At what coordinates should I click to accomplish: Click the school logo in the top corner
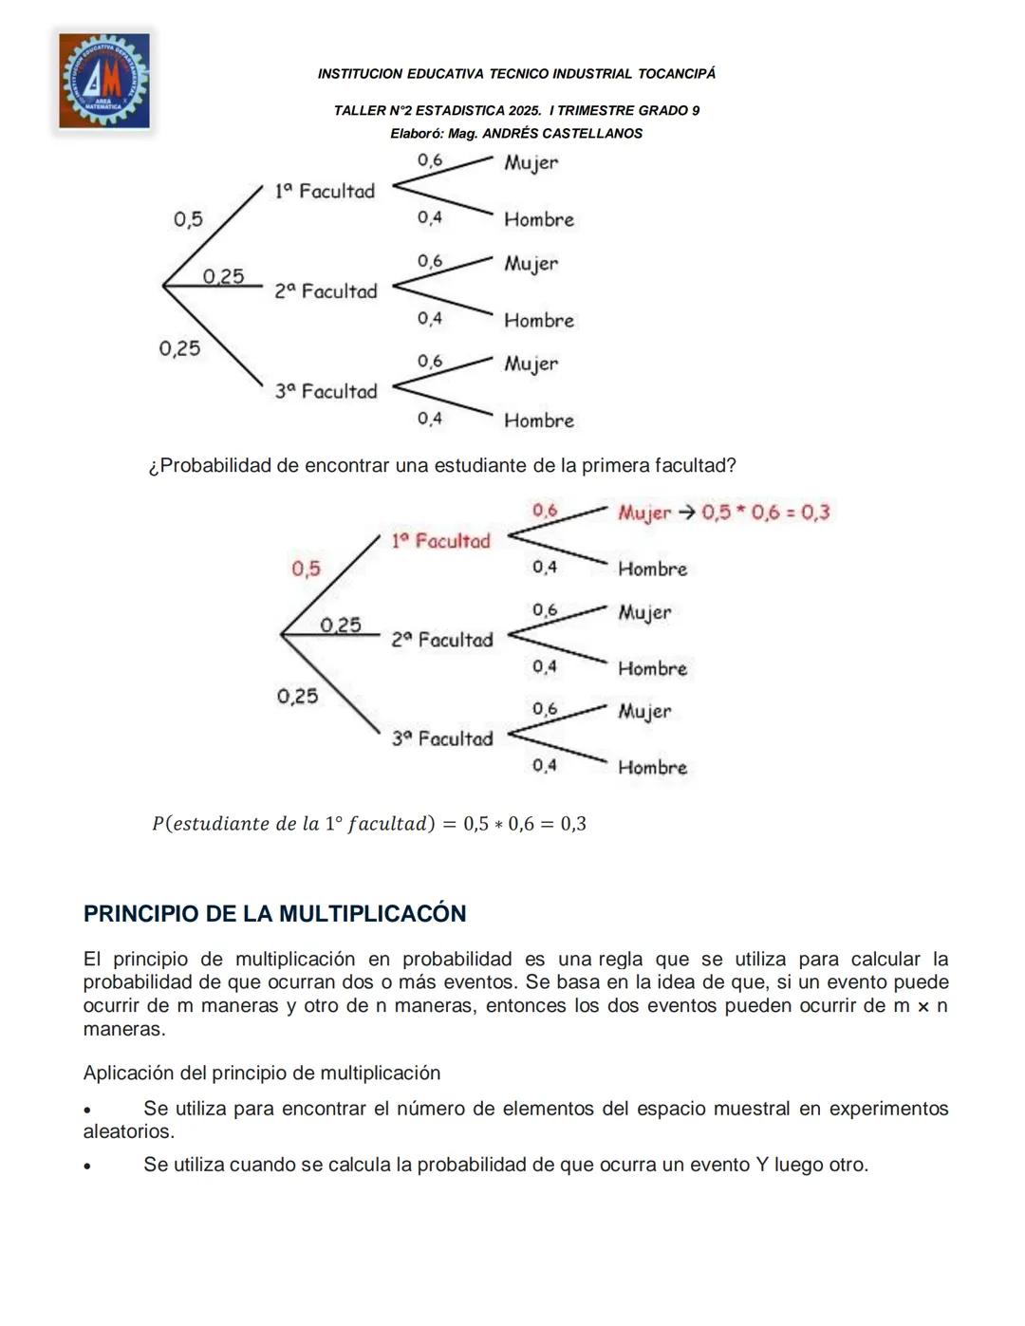pyautogui.click(x=104, y=81)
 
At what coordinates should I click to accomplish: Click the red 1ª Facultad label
pyautogui.click(x=440, y=541)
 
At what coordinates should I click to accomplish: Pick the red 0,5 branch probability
pyautogui.click(x=306, y=569)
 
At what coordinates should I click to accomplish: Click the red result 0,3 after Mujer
pyautogui.click(x=815, y=513)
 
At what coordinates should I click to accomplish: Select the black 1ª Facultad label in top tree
pyautogui.click(x=325, y=191)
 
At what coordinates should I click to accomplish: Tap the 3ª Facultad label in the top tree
pyautogui.click(x=326, y=391)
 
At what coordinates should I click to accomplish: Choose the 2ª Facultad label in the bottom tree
pyautogui.click(x=442, y=640)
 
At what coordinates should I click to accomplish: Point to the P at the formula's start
pyautogui.click(x=158, y=824)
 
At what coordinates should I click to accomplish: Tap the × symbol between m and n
pyautogui.click(x=922, y=1006)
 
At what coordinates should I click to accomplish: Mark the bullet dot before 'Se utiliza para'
pyautogui.click(x=87, y=1110)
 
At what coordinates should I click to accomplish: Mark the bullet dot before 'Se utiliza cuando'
pyautogui.click(x=87, y=1166)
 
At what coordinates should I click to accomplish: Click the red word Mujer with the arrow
pyautogui.click(x=643, y=513)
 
